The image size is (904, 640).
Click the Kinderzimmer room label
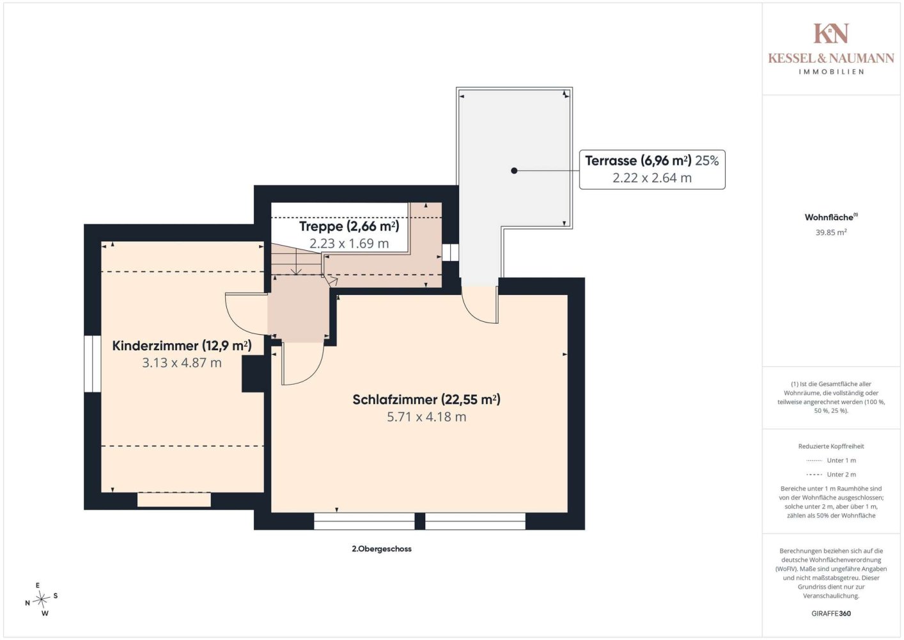click(x=182, y=346)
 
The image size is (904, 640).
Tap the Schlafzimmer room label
click(x=426, y=399)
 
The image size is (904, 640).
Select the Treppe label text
click(x=349, y=227)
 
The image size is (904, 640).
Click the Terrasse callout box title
click(x=638, y=161)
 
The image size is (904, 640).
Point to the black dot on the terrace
click(x=514, y=170)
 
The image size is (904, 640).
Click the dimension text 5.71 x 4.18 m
click(x=426, y=417)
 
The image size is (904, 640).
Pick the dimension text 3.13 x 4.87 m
click(x=182, y=363)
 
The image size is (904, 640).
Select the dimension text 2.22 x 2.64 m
click(x=652, y=178)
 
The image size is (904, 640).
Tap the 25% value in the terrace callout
click(x=707, y=161)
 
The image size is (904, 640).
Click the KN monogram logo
click(x=831, y=33)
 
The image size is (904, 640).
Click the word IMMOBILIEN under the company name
click(x=831, y=72)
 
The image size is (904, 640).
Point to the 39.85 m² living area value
click(x=831, y=232)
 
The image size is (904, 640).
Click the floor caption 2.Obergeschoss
click(x=382, y=548)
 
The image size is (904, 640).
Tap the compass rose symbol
click(x=41, y=599)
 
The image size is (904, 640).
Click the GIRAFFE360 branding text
click(x=831, y=613)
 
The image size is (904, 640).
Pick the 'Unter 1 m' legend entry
click(x=831, y=460)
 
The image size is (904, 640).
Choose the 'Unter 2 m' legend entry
click(x=831, y=474)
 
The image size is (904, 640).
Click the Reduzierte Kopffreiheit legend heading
click(x=831, y=446)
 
